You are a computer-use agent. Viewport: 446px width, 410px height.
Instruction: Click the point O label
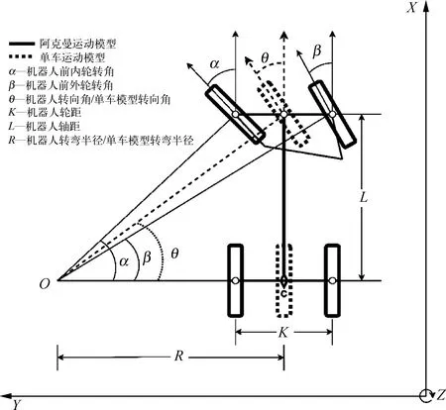click(x=45, y=284)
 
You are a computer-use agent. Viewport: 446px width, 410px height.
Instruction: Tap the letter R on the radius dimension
click(x=178, y=356)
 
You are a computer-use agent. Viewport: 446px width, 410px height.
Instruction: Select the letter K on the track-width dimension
click(x=283, y=333)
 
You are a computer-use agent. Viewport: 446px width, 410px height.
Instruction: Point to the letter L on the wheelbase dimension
click(x=363, y=197)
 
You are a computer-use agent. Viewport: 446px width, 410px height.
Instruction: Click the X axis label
click(x=411, y=7)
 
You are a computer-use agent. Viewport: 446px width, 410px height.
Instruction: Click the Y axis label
click(x=17, y=404)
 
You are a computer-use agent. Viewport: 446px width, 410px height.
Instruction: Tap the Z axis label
click(x=440, y=395)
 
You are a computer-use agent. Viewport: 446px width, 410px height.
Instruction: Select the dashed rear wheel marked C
click(x=283, y=280)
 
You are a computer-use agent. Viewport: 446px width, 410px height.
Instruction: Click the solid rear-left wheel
click(x=235, y=280)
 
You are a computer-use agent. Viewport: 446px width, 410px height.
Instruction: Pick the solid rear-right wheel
click(x=332, y=280)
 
